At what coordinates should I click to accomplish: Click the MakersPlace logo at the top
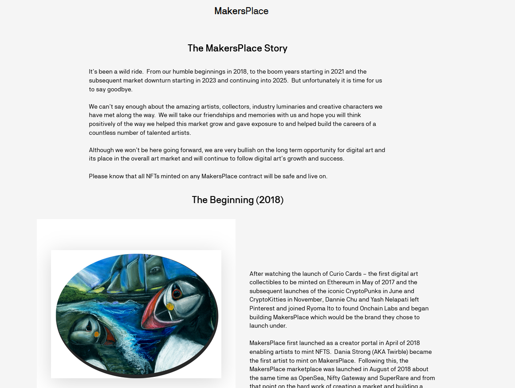pos(241,11)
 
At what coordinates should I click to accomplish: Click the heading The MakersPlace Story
pos(237,48)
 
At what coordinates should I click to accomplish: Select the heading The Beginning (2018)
pos(237,200)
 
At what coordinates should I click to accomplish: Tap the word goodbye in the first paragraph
pos(120,90)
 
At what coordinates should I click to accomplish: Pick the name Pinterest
pos(263,309)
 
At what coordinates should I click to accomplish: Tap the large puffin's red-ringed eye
pos(177,293)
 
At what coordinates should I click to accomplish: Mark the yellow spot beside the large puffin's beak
pos(169,306)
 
